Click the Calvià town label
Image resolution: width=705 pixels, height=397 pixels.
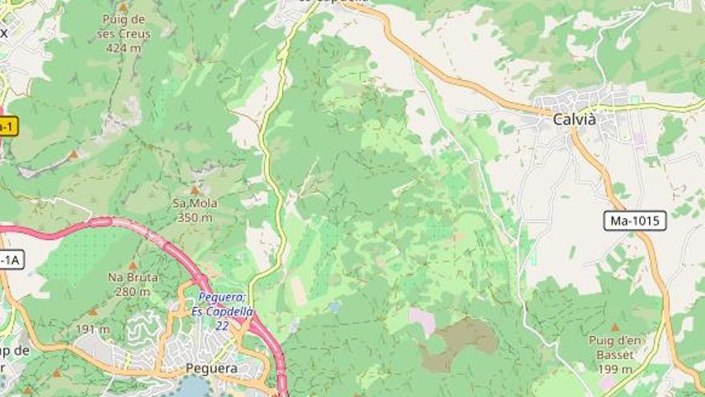pos(574,119)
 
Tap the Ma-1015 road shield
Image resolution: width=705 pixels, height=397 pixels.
pos(634,221)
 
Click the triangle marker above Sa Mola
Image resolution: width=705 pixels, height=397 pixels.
pos(194,191)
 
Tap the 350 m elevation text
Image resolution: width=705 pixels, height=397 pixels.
pos(195,217)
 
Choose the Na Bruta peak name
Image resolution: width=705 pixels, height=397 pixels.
pos(132,277)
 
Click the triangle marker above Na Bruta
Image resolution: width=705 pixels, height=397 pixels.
pos(132,265)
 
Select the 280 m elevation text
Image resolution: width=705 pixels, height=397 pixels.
pos(132,291)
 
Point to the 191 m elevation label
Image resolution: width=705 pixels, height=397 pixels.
pos(94,329)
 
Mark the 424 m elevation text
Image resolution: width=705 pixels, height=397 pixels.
pos(123,47)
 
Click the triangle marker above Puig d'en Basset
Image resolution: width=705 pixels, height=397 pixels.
pos(614,327)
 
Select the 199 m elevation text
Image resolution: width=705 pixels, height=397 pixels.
pos(615,368)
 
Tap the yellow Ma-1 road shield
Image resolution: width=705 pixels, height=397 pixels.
pos(6,127)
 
